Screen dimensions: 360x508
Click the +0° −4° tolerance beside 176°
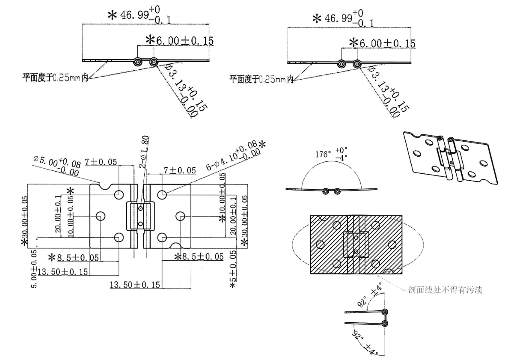coord(342,154)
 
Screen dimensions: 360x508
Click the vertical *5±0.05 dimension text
coord(233,268)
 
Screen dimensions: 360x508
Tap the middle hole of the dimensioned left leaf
coord(100,216)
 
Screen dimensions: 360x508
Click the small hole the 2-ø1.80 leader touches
coord(141,208)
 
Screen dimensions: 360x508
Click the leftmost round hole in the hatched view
coord(319,245)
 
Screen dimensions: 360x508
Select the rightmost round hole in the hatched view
coord(392,244)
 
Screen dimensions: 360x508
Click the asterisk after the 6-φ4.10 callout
coord(261,144)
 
